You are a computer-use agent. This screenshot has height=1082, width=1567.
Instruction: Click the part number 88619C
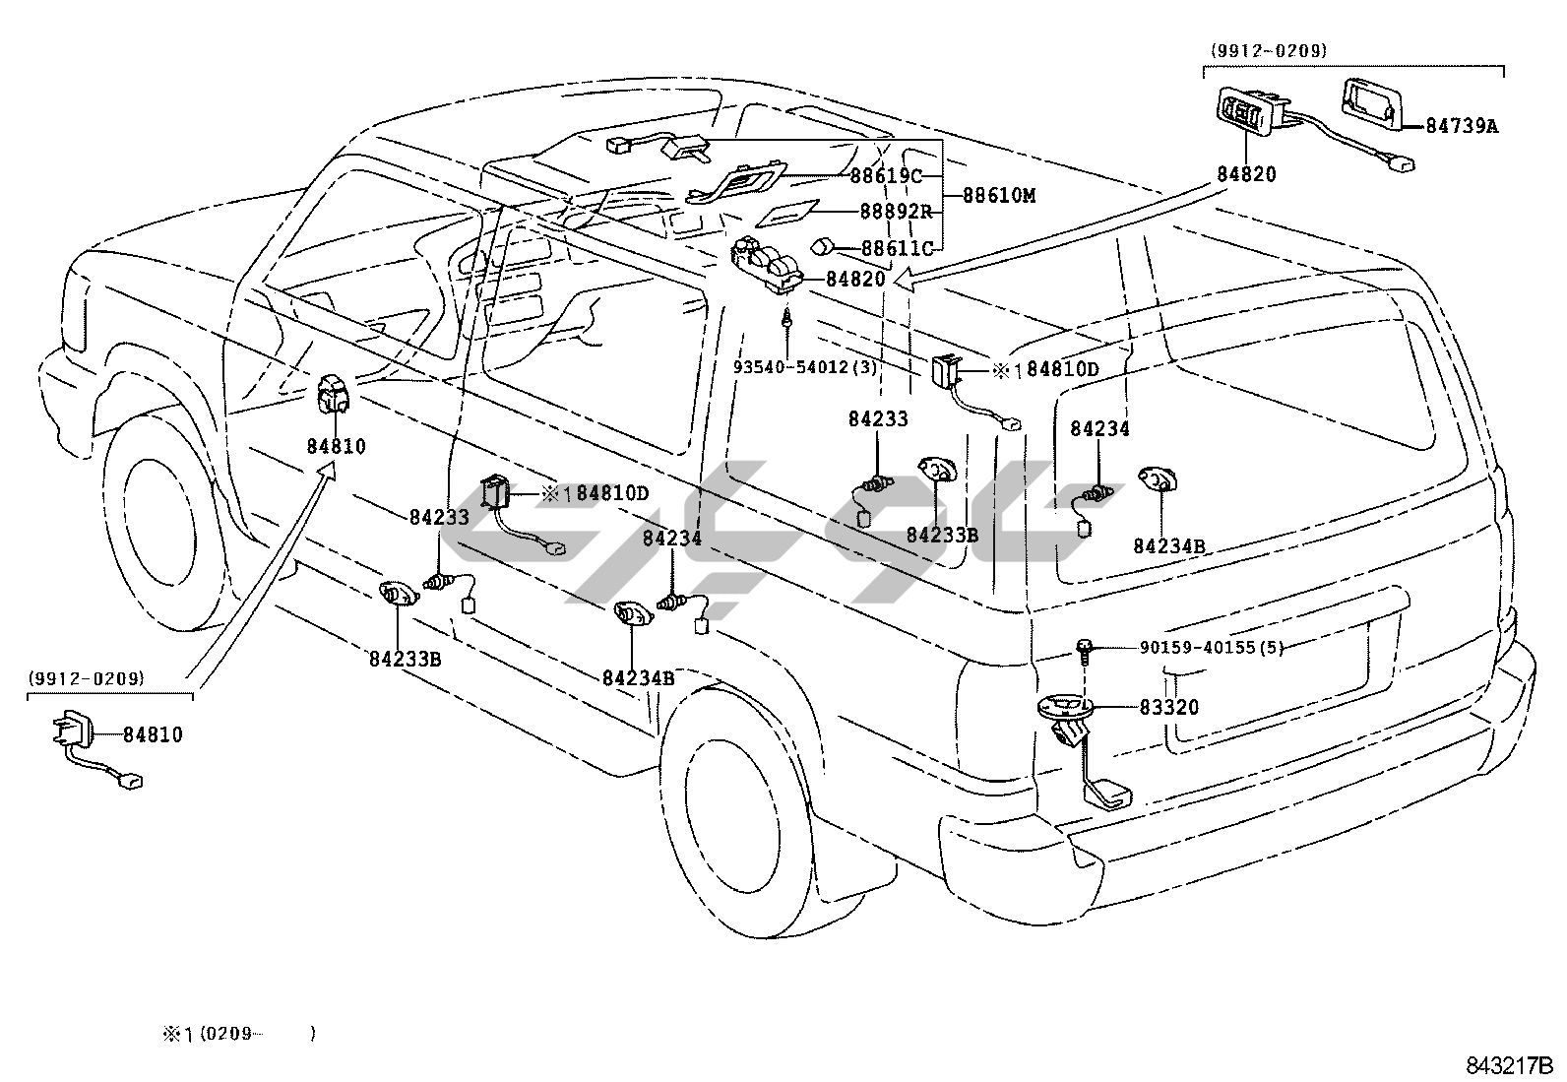(885, 177)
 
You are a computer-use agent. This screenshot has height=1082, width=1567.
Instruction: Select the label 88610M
(998, 195)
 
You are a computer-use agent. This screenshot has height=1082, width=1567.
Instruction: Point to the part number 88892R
(894, 212)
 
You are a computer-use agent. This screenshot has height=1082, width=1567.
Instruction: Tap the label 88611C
(895, 249)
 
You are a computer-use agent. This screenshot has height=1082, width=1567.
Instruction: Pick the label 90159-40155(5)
(1212, 647)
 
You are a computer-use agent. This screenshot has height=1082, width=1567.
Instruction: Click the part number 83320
(1169, 707)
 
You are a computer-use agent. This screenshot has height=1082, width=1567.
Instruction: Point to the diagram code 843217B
(1508, 1066)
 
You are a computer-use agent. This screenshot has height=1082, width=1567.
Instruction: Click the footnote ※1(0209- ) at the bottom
(239, 1034)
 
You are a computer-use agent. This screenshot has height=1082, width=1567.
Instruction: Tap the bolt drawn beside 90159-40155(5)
(1084, 649)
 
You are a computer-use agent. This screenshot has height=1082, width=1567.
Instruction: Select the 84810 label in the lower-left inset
(153, 734)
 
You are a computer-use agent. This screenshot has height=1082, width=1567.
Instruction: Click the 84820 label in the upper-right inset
(1246, 174)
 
